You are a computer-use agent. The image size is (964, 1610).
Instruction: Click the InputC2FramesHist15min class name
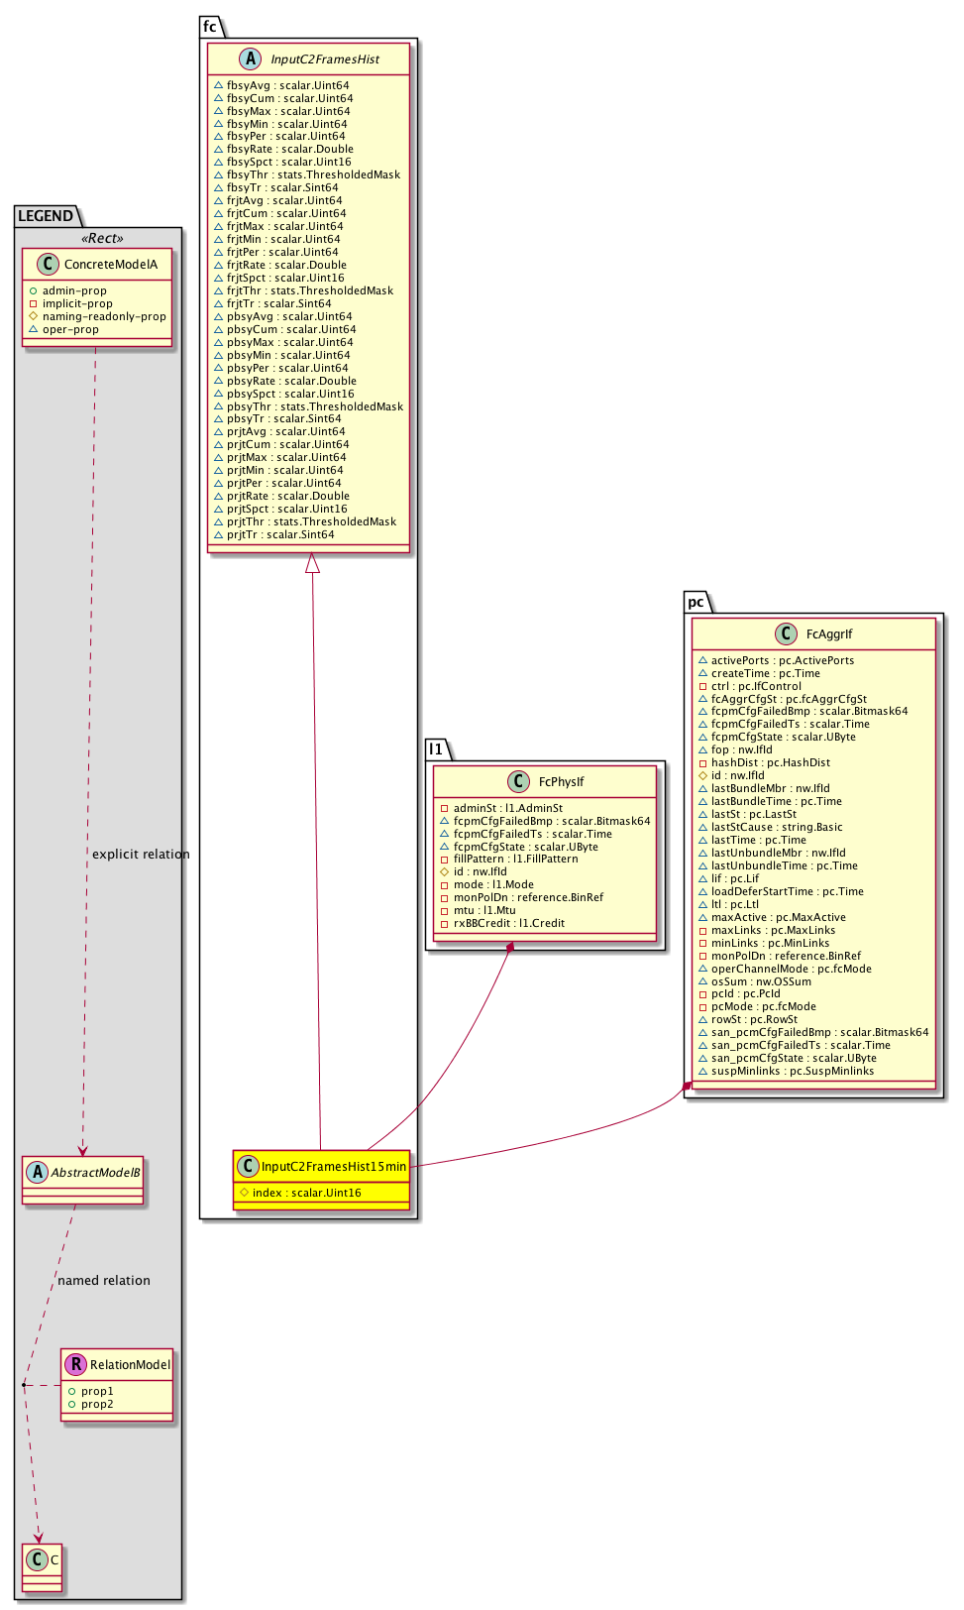pyautogui.click(x=333, y=1167)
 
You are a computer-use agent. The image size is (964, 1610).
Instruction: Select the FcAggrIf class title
pyautogui.click(x=828, y=634)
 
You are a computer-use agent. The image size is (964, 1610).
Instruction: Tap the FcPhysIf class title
pyautogui.click(x=561, y=782)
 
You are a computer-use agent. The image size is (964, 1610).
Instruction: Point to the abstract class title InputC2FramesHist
pyautogui.click(x=325, y=59)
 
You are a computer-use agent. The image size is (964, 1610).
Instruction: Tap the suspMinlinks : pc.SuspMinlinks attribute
pyautogui.click(x=792, y=1072)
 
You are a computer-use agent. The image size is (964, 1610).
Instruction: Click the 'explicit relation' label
pyautogui.click(x=141, y=855)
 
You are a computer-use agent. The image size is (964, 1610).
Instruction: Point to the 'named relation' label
pyautogui.click(x=104, y=1281)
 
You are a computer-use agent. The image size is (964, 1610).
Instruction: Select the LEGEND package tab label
pyautogui.click(x=46, y=216)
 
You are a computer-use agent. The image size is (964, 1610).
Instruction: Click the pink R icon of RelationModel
pyautogui.click(x=75, y=1365)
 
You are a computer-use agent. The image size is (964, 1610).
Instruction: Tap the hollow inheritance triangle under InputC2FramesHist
pyautogui.click(x=313, y=563)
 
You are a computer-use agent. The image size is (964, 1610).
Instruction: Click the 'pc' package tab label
pyautogui.click(x=696, y=603)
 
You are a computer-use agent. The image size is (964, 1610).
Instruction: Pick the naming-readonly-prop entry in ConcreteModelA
pyautogui.click(x=104, y=317)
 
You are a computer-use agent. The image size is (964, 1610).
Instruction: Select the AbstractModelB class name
pyautogui.click(x=95, y=1173)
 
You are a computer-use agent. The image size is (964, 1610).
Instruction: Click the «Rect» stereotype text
pyautogui.click(x=102, y=239)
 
